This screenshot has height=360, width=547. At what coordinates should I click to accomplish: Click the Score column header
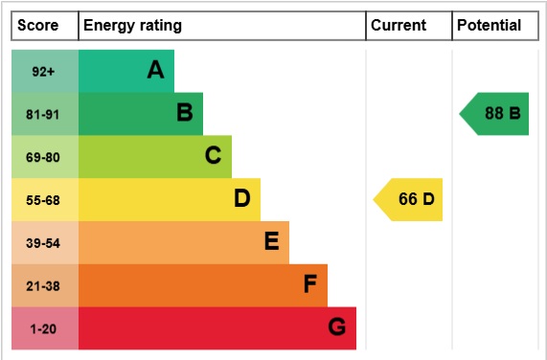38,26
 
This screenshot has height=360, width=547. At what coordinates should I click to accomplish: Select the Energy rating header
132,26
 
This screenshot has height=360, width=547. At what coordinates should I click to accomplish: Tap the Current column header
398,26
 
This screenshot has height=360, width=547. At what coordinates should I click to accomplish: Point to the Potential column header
489,26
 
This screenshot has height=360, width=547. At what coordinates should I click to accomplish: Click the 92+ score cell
44,71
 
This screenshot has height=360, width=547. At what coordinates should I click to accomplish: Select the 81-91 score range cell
44,114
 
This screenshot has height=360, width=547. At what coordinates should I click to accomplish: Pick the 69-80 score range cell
44,157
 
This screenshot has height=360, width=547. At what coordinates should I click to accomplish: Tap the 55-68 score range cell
44,200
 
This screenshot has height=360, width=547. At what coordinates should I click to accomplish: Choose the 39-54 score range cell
44,243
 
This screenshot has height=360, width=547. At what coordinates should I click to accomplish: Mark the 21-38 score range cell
44,286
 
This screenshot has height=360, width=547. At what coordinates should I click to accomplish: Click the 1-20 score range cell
44,329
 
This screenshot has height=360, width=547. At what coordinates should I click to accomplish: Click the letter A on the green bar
155,70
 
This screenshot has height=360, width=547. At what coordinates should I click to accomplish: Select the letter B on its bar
184,113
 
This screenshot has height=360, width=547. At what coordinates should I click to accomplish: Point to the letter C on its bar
213,156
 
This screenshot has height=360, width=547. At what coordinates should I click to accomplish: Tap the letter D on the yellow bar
241,199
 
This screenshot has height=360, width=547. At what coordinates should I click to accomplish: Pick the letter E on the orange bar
271,242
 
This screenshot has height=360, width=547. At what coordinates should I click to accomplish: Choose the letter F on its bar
309,285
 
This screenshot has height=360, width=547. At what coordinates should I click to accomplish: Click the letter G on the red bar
336,328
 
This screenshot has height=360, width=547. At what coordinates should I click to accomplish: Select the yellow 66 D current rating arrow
410,199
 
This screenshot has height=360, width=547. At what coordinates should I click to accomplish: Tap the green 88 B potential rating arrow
496,113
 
